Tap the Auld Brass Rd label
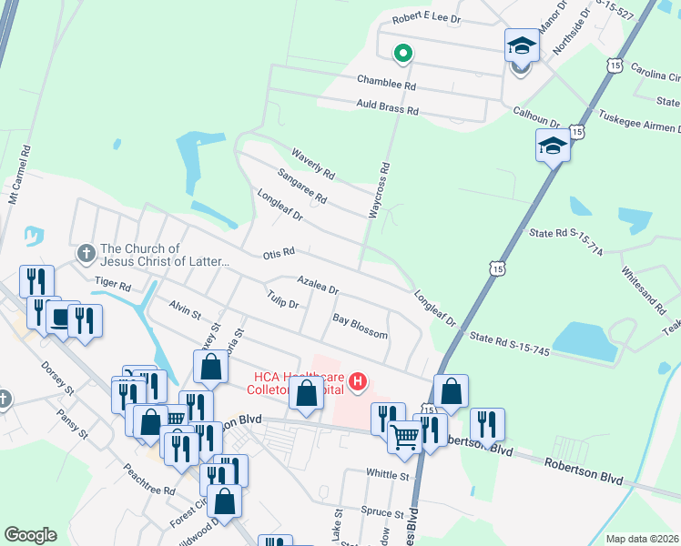386,109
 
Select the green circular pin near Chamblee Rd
401,54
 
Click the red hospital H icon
358,381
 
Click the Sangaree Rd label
302,185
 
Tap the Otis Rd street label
279,252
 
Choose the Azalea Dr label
318,285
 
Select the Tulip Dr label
283,302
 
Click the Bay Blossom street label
360,327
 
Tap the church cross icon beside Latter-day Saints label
86,252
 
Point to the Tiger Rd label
113,284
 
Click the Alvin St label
184,311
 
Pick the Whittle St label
389,474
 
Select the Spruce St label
381,511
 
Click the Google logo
30,535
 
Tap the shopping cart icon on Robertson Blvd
403,437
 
